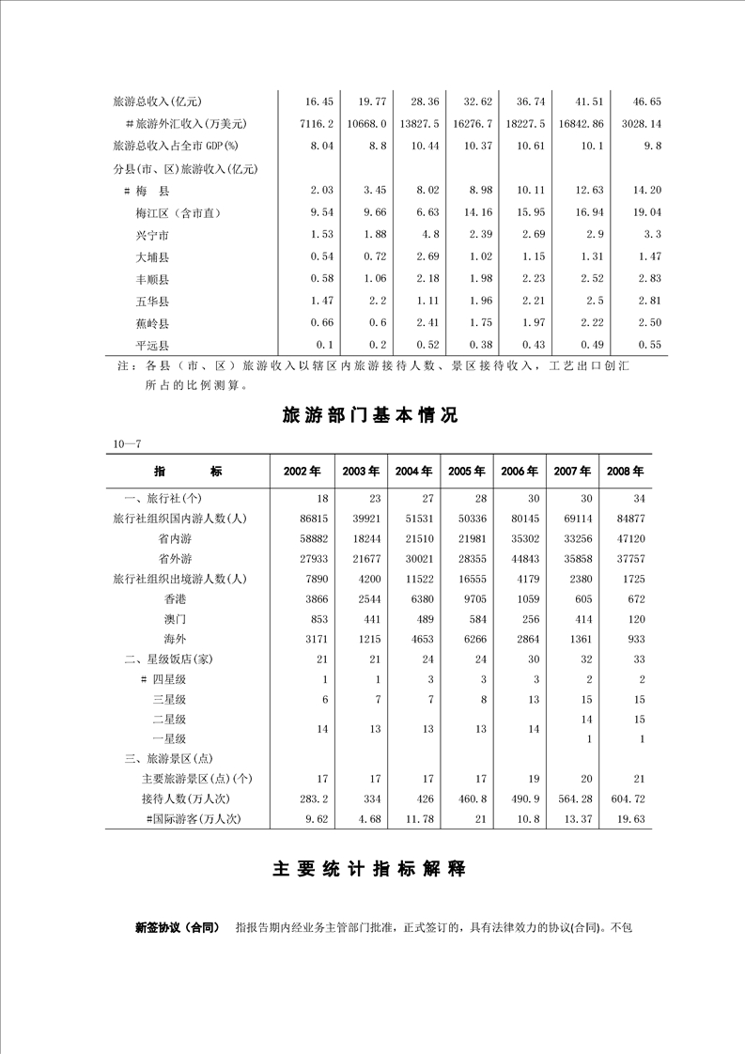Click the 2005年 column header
466,471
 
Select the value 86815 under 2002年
311,518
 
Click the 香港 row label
175,597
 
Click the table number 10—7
126,442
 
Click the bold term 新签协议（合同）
177,928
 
